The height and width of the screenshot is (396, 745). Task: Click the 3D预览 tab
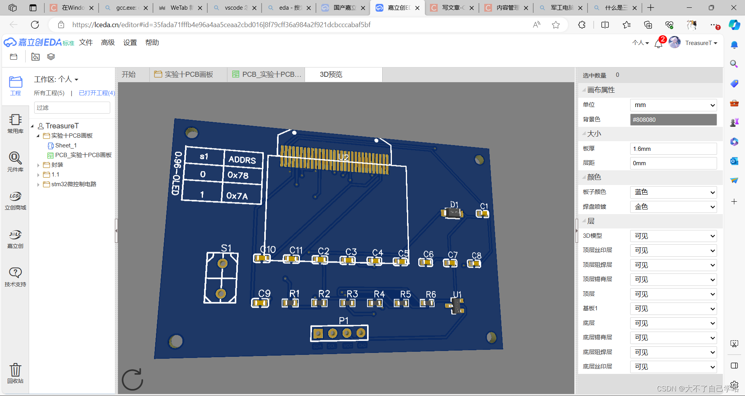tap(331, 74)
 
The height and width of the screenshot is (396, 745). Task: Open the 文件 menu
tap(86, 43)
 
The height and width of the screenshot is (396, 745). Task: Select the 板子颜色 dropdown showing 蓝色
tap(673, 192)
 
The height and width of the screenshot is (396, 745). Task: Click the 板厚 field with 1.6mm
tap(673, 149)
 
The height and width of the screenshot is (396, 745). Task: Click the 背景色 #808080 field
tap(673, 120)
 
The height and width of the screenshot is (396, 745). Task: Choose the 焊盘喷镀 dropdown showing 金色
tap(673, 207)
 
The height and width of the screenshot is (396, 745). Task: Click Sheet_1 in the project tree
tap(66, 145)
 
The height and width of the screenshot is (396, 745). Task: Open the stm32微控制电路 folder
tap(73, 184)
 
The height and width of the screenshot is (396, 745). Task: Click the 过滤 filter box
tap(72, 108)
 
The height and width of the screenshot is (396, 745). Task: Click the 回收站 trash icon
tap(16, 370)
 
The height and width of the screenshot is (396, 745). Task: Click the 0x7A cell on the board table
tap(237, 196)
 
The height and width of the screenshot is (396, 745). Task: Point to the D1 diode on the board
tap(452, 213)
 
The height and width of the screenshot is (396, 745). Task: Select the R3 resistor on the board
tap(347, 303)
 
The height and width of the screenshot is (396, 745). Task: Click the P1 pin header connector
tap(340, 333)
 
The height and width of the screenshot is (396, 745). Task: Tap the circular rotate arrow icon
tap(132, 380)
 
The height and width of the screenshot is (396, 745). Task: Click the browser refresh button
tap(35, 25)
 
